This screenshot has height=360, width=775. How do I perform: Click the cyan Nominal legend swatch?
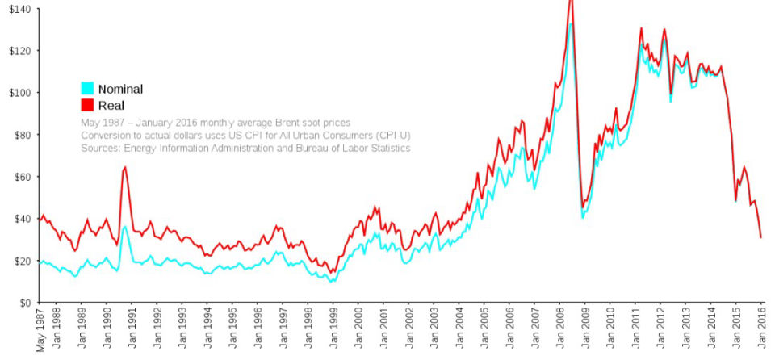coord(88,89)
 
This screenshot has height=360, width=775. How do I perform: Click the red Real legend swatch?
coord(88,106)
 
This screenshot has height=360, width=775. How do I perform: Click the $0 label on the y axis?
coord(24,303)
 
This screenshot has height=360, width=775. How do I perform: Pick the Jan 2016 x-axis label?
coord(761,331)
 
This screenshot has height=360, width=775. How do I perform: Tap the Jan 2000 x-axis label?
coord(358,331)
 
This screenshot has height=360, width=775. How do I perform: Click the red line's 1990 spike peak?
coord(124,167)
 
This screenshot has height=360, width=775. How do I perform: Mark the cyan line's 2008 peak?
coord(571,23)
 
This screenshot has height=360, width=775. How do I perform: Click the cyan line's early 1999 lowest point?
coord(331,282)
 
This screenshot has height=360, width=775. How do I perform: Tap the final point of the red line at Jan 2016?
coord(761,237)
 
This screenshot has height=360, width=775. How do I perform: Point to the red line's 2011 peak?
coord(641,28)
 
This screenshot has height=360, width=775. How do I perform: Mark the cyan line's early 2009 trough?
coord(583,218)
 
